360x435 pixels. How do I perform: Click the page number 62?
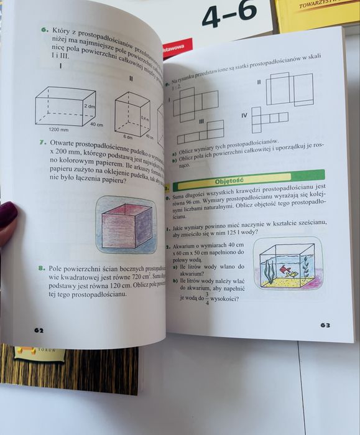click(x=39, y=330)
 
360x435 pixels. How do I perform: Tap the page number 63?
click(x=325, y=325)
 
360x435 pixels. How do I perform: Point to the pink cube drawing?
click(x=127, y=225)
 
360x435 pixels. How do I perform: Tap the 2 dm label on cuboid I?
click(x=90, y=107)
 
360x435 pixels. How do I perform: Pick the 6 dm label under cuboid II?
click(x=129, y=136)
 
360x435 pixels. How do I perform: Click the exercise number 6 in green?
click(x=45, y=29)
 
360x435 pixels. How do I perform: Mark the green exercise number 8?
click(x=42, y=268)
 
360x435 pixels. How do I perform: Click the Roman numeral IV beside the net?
click(x=244, y=115)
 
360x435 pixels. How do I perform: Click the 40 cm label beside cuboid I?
click(x=96, y=124)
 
